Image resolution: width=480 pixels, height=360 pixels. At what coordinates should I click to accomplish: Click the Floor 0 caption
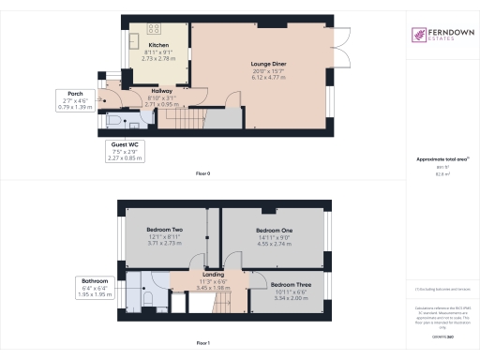[202, 174]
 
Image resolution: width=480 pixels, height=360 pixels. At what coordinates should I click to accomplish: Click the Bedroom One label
[275, 230]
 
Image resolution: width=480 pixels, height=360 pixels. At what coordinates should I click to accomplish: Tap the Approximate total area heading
[442, 160]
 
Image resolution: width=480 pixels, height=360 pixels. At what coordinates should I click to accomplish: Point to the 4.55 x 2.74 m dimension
[275, 246]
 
